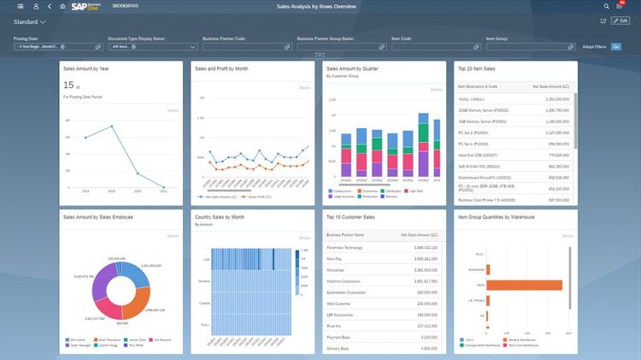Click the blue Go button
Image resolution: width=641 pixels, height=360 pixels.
(x=615, y=46)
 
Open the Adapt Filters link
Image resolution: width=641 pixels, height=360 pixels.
(x=594, y=46)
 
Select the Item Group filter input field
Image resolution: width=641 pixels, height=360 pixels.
(x=526, y=46)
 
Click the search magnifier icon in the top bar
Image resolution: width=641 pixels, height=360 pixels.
(x=606, y=6)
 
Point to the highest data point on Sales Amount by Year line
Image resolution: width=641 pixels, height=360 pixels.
(x=112, y=127)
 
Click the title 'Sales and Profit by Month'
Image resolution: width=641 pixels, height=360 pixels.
(x=221, y=68)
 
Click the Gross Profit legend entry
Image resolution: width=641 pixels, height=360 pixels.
(x=257, y=196)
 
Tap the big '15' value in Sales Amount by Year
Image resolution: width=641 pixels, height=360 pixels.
(x=68, y=86)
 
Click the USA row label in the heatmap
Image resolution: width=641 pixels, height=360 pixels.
(x=206, y=259)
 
